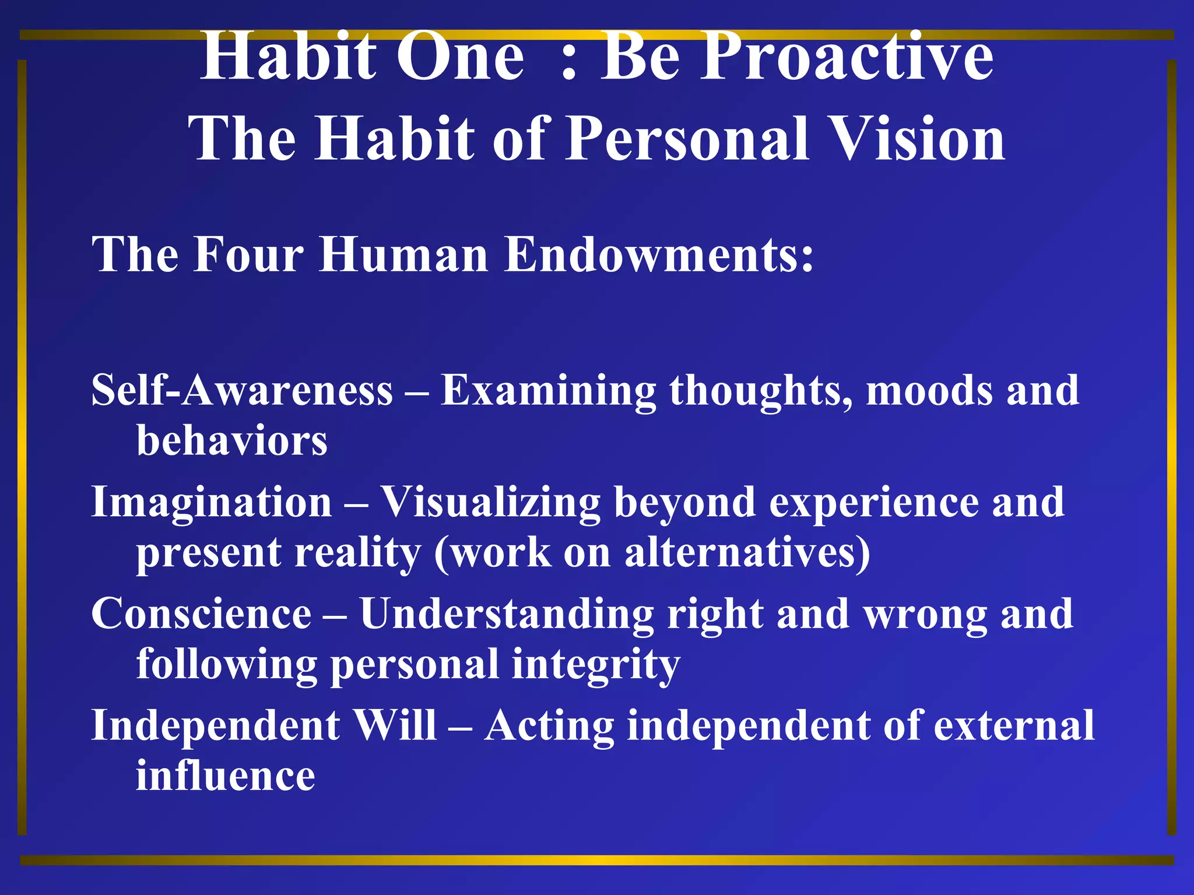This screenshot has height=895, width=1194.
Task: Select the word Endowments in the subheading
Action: coord(659,255)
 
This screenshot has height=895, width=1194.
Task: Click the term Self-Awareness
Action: coord(242,390)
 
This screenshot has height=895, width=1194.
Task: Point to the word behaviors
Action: coord(232,441)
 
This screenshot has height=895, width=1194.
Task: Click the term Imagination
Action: coord(212,502)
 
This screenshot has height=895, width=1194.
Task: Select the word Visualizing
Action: coord(490,502)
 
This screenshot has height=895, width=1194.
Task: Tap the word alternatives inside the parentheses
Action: coord(740,552)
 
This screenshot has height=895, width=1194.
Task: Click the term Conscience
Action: coord(202,614)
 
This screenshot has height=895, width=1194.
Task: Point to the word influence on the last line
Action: coord(226,776)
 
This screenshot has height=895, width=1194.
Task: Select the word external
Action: coord(1014,726)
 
